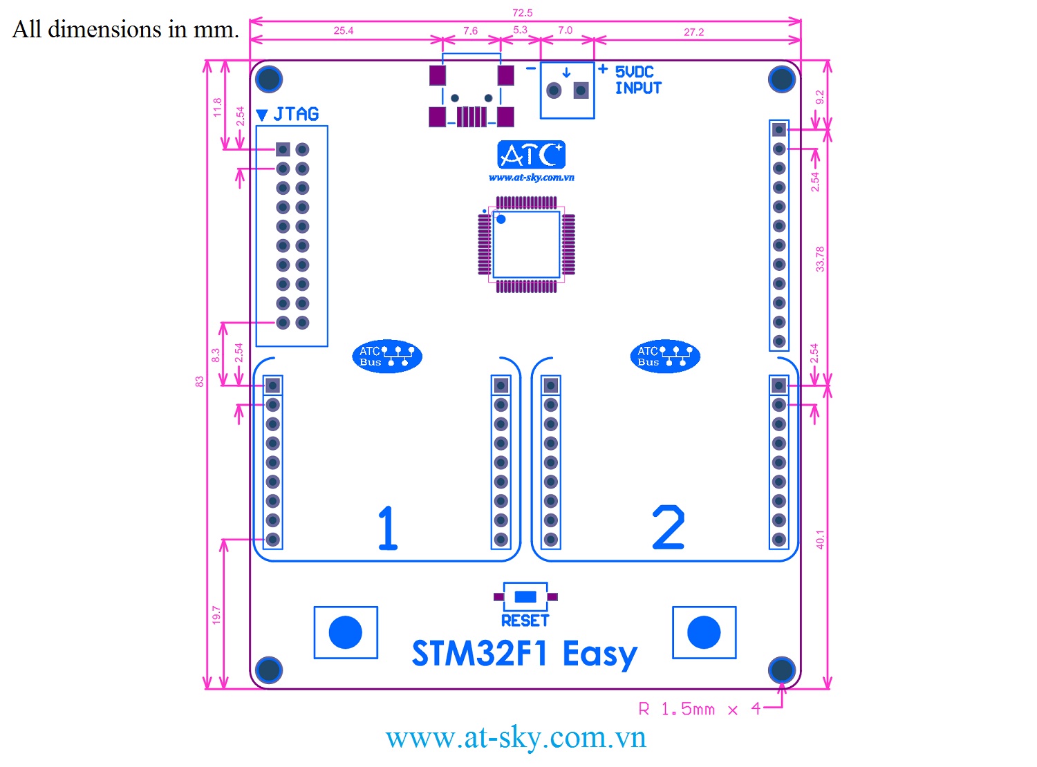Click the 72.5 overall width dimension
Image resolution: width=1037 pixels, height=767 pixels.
point(522,12)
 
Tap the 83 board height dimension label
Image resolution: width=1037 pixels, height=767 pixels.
point(200,381)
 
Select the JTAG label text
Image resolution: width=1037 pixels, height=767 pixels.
point(296,114)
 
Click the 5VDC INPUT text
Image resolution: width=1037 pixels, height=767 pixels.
point(637,80)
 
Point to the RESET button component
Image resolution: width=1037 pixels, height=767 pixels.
point(525,596)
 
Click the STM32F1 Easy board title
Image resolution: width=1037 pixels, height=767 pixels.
point(524,654)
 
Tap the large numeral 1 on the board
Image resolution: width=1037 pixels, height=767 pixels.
point(388,528)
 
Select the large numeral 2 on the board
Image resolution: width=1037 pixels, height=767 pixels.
point(669,528)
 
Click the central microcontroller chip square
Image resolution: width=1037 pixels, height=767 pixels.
point(526,244)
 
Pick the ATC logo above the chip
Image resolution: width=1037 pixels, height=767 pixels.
point(531,155)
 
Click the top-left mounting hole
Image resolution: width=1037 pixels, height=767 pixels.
point(269,79)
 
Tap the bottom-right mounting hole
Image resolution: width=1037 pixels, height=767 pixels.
point(781,670)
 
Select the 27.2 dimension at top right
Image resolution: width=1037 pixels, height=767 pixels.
point(693,32)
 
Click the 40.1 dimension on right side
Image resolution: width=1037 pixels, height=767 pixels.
point(820,540)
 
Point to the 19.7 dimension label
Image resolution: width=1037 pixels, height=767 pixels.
point(216,615)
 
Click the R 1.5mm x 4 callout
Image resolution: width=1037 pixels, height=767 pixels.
point(699,710)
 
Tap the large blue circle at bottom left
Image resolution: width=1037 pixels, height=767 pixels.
point(346,632)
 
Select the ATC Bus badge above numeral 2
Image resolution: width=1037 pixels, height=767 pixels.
point(665,357)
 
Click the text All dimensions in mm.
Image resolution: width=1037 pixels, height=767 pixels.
point(126,29)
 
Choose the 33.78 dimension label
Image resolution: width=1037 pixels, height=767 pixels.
point(820,258)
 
